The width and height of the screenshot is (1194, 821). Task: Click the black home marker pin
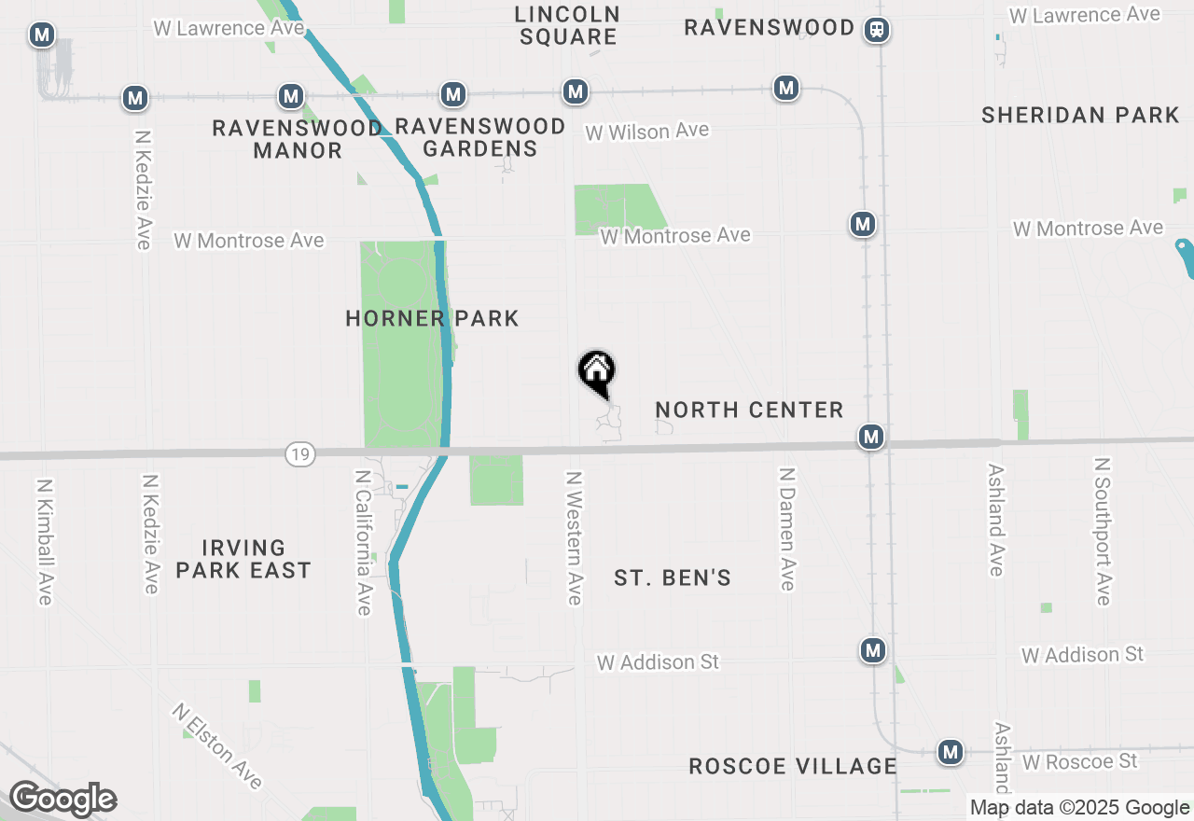[597, 371]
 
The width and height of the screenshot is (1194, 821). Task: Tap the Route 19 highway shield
[300, 454]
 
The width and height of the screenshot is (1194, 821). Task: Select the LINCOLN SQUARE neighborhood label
[567, 25]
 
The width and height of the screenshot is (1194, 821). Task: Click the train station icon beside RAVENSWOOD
[877, 30]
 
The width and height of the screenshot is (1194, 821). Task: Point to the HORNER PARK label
[432, 318]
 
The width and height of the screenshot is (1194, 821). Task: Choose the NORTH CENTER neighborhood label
[749, 410]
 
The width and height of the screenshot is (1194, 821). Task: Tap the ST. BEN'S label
[673, 578]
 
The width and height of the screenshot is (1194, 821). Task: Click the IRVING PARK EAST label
[243, 559]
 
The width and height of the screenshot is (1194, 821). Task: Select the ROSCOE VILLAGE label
[792, 766]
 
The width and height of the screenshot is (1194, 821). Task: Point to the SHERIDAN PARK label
[1080, 115]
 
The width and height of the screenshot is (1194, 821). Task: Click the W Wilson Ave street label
[646, 132]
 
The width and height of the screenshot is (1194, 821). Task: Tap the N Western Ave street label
[574, 537]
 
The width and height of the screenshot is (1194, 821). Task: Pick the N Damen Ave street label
[787, 529]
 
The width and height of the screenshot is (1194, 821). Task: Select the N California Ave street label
[364, 542]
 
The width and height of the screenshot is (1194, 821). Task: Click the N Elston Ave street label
[217, 745]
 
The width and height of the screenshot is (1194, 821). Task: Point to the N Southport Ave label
[1104, 531]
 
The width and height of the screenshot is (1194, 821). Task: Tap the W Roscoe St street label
[1079, 761]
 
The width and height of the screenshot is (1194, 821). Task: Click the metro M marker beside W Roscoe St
[951, 751]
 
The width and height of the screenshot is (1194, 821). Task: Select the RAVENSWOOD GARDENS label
[480, 137]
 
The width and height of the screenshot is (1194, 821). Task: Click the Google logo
[62, 800]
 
